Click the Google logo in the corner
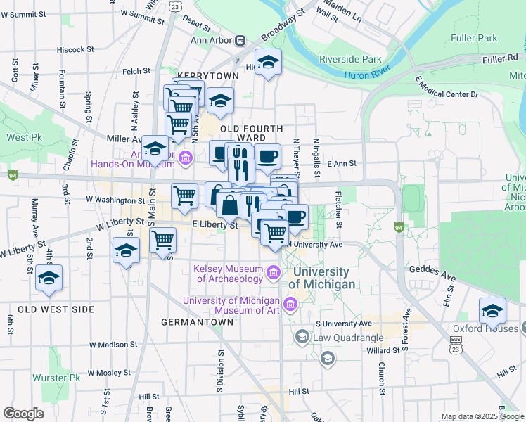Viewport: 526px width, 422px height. click(23, 414)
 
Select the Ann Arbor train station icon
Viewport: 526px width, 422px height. click(240, 40)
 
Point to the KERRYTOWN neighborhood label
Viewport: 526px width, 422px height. click(204, 75)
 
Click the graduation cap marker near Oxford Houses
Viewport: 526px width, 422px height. click(492, 310)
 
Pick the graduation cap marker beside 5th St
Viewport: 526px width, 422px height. click(49, 278)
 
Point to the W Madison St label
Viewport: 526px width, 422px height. click(113, 345)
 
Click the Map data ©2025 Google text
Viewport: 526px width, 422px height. click(481, 416)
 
